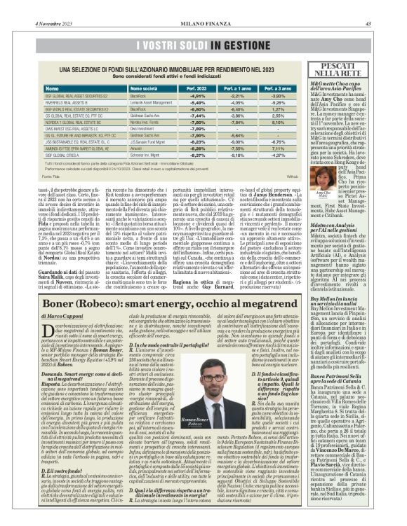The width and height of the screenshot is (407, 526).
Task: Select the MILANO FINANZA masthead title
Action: [x=203, y=6]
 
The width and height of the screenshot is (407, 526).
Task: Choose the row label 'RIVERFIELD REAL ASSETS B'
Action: [x=70, y=102]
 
